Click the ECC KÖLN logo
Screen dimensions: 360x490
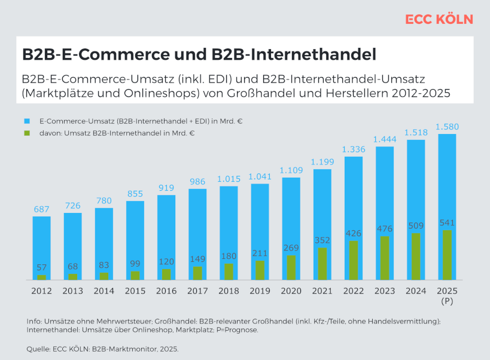[439, 19]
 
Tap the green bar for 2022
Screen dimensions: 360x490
[354, 260]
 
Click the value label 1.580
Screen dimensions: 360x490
[447, 126]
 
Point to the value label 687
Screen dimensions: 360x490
[41, 209]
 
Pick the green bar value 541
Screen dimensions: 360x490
[447, 223]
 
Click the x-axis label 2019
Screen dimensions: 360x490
[260, 291]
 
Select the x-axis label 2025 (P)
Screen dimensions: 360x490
[447, 295]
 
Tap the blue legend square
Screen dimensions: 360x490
[27, 121]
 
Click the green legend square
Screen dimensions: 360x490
[27, 133]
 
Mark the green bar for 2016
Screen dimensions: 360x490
[166, 274]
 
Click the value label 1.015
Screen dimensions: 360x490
[229, 179]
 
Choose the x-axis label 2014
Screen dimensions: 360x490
[104, 291]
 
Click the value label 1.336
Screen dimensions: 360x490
[354, 149]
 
